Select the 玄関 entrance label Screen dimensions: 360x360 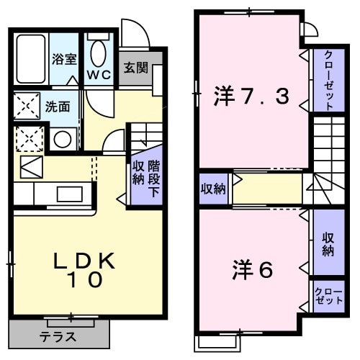[x=135, y=68]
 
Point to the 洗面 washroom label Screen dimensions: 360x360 [x=58, y=107]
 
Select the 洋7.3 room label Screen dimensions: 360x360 [x=252, y=96]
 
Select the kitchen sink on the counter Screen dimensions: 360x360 [x=70, y=194]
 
